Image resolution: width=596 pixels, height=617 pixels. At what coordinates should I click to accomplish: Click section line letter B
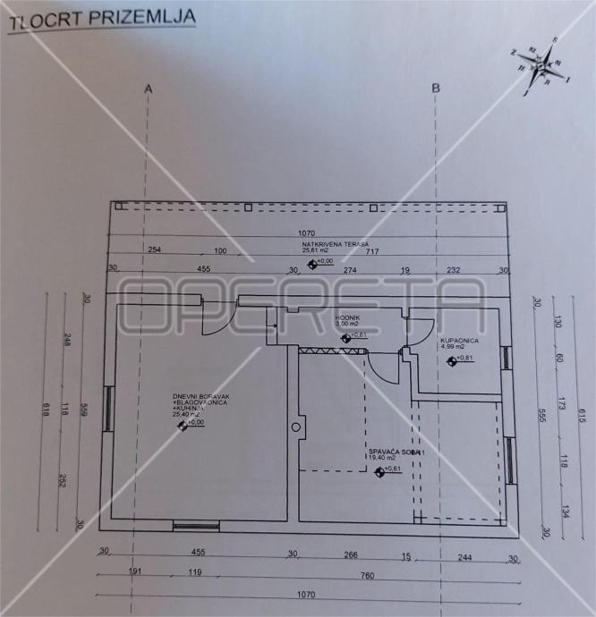tap(436, 88)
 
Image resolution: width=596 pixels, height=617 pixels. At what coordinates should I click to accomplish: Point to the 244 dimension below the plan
tap(464, 556)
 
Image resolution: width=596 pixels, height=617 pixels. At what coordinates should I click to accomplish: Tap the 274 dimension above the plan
tap(349, 269)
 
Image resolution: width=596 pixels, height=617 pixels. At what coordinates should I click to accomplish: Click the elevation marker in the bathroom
tap(453, 360)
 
